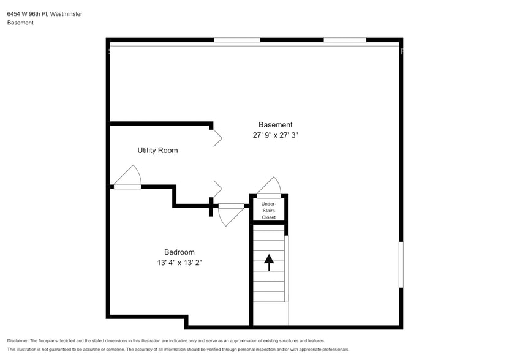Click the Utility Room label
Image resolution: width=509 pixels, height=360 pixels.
point(157,150)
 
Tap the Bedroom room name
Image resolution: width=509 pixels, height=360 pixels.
point(179,252)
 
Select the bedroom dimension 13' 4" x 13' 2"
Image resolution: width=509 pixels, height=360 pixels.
point(179,263)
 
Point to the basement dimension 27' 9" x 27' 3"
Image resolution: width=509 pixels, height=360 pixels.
point(275,135)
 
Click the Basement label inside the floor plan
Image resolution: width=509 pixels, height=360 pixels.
point(275,124)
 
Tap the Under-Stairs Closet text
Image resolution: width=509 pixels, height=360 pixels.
point(268,210)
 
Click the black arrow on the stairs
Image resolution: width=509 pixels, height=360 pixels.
point(268,262)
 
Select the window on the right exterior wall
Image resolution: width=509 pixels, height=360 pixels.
point(401,264)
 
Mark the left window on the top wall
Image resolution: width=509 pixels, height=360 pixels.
point(236,40)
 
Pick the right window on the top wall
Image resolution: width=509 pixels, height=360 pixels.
point(345,40)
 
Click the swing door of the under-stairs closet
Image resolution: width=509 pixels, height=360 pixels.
point(270,187)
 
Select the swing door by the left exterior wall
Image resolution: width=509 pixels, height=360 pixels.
point(128,178)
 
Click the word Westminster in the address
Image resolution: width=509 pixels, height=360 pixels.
point(66,13)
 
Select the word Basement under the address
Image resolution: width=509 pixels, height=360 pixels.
point(20,23)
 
